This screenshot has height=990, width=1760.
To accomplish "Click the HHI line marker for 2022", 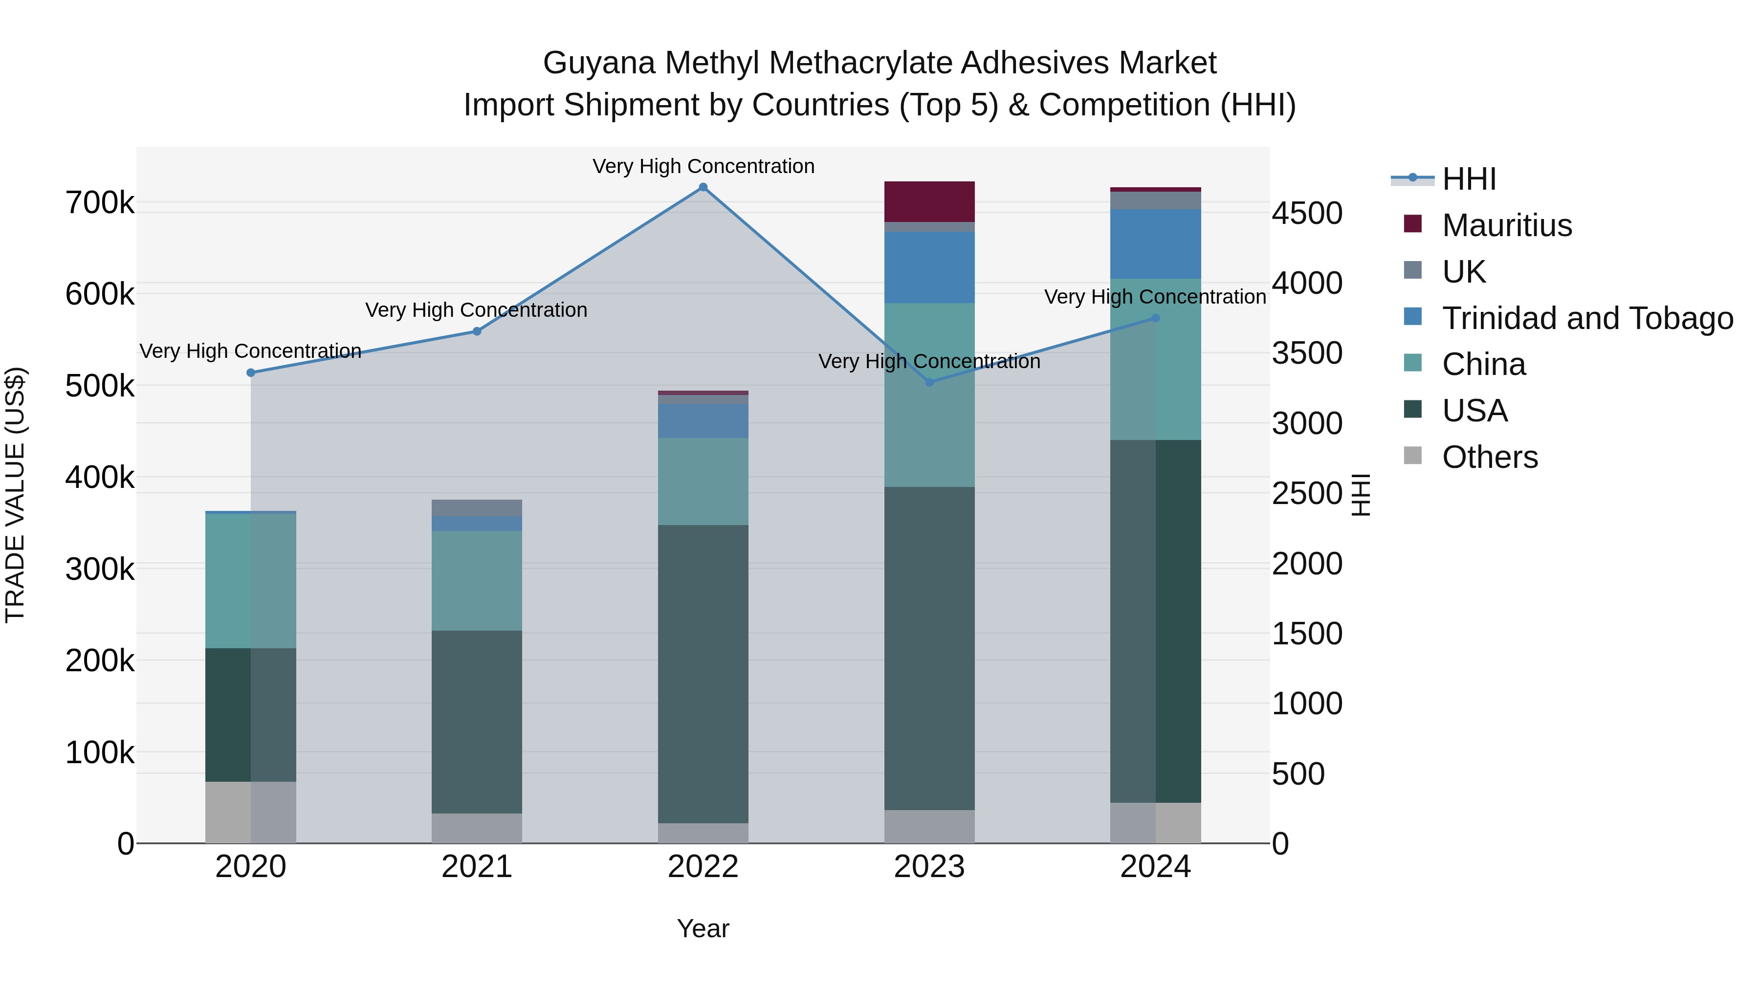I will [x=703, y=187].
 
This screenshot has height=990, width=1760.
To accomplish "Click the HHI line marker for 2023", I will [x=929, y=382].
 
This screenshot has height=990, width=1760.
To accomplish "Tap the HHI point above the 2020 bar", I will [x=251, y=373].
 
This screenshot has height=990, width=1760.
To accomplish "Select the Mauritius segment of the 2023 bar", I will [x=929, y=201].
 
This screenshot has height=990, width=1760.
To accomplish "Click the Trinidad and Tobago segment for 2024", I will [x=1155, y=244].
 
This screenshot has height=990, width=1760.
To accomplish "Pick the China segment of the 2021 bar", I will [x=477, y=581].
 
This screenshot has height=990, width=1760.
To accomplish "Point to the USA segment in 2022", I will [x=703, y=674].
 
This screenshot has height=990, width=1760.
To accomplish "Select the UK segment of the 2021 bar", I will [x=477, y=507].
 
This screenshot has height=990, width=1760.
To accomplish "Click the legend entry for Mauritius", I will [x=1507, y=225].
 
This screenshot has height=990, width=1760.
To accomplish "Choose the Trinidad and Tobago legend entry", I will [x=1587, y=318].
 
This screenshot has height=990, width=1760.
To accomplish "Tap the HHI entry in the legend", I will [x=1469, y=179].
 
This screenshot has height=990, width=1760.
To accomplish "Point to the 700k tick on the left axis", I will [x=100, y=203].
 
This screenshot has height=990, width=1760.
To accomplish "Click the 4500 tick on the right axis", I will [x=1307, y=213].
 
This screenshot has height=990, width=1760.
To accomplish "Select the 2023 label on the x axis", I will [x=929, y=867].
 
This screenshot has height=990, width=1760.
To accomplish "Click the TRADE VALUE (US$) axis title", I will [x=15, y=495].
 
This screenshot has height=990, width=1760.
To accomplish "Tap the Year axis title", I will [x=703, y=928].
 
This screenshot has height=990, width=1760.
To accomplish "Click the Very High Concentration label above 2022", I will [x=703, y=166].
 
